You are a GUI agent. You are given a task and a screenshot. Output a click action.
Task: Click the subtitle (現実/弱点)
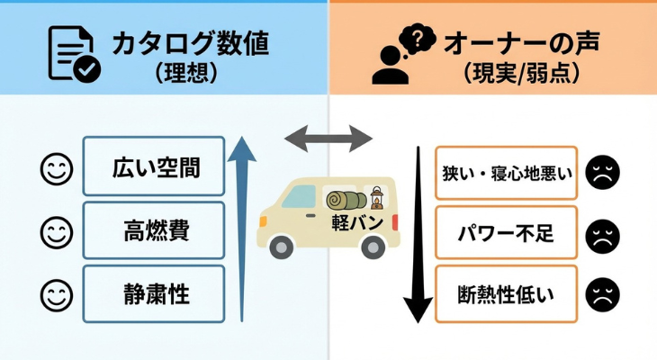[x=520, y=73]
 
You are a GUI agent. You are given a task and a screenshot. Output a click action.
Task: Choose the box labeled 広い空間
[x=154, y=166]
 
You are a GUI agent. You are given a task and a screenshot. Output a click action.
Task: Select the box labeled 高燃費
[x=154, y=231]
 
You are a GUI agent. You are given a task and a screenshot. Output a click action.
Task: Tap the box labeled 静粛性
[x=154, y=294]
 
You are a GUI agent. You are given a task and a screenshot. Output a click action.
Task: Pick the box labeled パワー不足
[x=506, y=235]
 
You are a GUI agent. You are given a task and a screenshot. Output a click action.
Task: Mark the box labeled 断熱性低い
[x=506, y=293]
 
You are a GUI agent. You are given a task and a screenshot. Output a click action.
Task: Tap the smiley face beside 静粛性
[x=57, y=294]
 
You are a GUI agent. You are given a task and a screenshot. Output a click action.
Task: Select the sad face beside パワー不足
[x=600, y=235]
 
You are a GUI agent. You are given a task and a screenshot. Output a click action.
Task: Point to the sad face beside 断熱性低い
[x=600, y=294]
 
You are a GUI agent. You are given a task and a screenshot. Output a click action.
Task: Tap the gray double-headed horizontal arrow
[x=328, y=139]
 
